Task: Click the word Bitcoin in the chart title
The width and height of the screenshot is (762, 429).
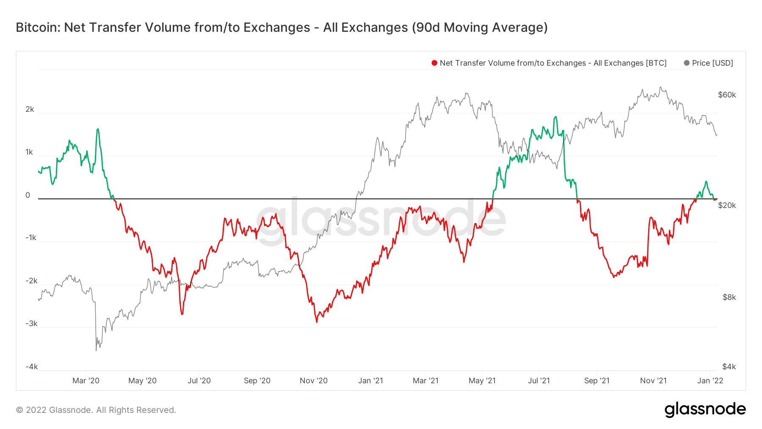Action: coord(38,28)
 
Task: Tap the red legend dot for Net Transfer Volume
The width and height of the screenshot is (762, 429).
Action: coord(434,63)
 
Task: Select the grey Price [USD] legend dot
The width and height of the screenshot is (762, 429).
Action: coord(687,63)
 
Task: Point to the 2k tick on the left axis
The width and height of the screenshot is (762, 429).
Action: coord(30,109)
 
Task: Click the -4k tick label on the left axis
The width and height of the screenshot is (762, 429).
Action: coord(31,367)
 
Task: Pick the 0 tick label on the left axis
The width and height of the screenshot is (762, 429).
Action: coord(28,195)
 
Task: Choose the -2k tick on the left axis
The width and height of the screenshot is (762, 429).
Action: coord(31,281)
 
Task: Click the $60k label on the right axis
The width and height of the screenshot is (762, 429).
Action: coord(727,95)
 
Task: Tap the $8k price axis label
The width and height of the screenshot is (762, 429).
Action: coord(729,297)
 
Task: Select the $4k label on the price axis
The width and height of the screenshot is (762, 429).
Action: coord(729,367)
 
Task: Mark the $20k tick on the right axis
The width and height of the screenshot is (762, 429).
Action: coord(727,205)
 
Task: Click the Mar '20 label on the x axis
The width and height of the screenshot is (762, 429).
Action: coord(86,381)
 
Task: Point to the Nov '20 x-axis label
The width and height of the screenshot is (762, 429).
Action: coord(314,381)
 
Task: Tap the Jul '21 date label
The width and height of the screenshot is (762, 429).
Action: coord(539,381)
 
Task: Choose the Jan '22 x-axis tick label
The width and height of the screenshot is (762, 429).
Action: coord(710,381)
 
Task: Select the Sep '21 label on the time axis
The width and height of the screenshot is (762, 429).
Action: coord(597,381)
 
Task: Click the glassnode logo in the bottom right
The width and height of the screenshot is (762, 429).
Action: coord(705,410)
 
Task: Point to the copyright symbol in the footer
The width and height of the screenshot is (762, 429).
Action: coord(19,410)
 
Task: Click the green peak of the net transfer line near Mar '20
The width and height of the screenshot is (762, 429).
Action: coord(98,129)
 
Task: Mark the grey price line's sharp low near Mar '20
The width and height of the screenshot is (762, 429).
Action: coord(96,350)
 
